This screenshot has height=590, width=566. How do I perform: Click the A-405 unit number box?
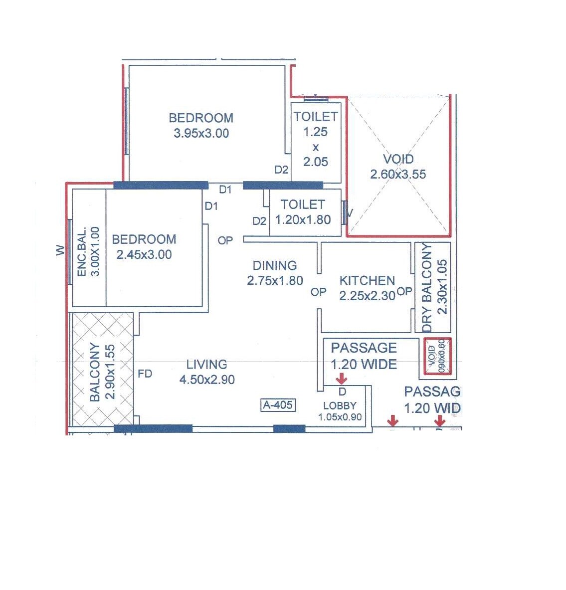(278, 405)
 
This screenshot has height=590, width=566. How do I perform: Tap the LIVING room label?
(206, 365)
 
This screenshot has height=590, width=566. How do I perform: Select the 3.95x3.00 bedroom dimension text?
(201, 133)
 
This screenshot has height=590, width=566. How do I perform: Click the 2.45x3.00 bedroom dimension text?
(144, 254)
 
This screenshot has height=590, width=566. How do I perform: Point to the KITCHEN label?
(367, 280)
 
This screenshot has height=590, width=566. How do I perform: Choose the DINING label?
(274, 265)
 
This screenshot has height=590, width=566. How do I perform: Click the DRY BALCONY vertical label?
(427, 288)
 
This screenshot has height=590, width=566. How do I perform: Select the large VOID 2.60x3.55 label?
(398, 159)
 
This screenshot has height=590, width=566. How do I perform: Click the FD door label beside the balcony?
(145, 374)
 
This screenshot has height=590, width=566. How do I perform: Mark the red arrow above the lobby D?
(342, 378)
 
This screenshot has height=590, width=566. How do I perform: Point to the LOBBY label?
(340, 406)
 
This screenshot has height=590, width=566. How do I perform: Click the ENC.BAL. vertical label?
(82, 252)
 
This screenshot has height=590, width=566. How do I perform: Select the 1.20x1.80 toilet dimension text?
(303, 219)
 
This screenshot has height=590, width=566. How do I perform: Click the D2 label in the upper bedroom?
(281, 170)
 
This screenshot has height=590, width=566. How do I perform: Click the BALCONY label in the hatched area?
(95, 372)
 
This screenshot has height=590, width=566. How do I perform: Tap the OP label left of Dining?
(225, 240)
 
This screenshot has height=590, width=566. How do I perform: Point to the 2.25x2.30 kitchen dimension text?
(367, 296)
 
